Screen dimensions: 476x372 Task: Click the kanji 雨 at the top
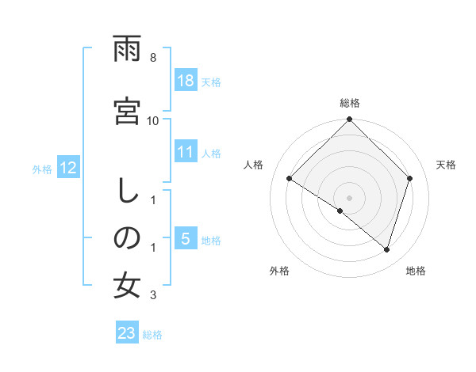tap(127, 51)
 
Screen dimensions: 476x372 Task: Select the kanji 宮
tap(127, 110)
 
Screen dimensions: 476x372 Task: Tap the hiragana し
tap(127, 191)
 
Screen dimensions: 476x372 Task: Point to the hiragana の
tap(127, 237)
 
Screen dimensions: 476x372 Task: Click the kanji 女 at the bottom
tap(127, 286)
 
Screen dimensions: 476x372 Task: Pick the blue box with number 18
tap(186, 81)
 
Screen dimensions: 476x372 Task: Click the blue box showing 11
tap(186, 153)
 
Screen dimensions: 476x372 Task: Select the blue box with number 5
tap(186, 239)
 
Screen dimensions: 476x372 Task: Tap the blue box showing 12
tap(67, 168)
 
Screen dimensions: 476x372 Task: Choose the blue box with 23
tap(127, 333)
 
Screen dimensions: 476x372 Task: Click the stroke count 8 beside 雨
tap(152, 59)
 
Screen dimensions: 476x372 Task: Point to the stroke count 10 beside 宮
tap(153, 120)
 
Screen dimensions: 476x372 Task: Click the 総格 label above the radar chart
tap(349, 103)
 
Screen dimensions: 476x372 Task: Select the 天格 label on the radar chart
tap(446, 165)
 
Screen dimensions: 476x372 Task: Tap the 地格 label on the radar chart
tap(416, 271)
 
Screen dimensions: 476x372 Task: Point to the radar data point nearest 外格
tap(340, 211)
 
